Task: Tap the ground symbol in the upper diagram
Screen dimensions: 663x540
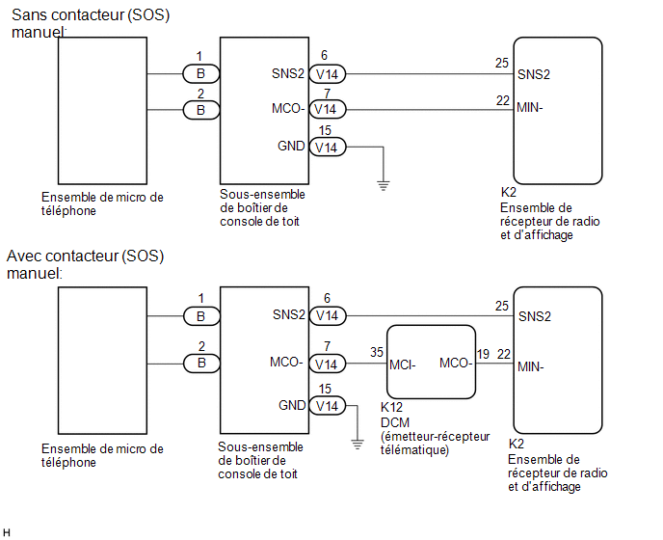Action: coord(384,186)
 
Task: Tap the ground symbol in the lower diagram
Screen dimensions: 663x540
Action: coord(358,445)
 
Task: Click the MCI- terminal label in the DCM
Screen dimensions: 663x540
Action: coord(403,364)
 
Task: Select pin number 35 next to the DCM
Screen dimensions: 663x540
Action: coord(377,352)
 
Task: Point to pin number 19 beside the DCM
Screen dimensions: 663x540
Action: coord(484,354)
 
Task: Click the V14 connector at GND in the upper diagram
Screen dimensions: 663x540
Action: coord(328,148)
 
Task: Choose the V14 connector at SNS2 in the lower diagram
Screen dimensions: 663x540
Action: coord(328,315)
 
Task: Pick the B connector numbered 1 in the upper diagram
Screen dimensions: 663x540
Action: coord(201,73)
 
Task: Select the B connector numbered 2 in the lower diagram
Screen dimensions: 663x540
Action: coord(201,364)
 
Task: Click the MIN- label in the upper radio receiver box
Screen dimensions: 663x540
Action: coord(530,107)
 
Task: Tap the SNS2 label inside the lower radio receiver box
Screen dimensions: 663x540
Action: coord(535,316)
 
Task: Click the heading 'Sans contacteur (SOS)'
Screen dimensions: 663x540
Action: coord(91,15)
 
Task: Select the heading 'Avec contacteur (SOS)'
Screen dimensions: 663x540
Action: coord(86,256)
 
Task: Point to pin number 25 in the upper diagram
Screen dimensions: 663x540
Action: coord(502,63)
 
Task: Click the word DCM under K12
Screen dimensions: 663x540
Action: coord(395,422)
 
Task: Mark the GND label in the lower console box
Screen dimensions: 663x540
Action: coord(292,405)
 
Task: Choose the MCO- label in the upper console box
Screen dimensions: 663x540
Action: coord(288,109)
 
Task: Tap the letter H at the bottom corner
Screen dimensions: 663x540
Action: coord(7,533)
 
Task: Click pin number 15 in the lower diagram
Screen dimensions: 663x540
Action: coord(325,389)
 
